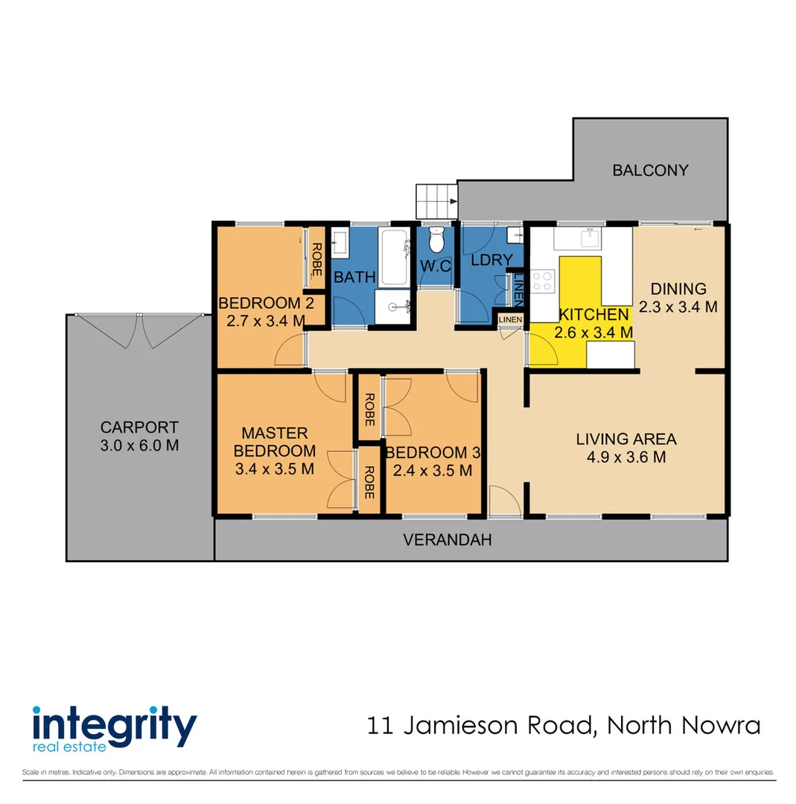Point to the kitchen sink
coord(592,237)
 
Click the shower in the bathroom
coord(393,306)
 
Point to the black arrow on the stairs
coord(452,200)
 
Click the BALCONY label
coord(650,170)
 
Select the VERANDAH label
coord(448,540)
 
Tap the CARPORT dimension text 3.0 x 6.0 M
coord(139,445)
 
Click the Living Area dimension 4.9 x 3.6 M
coord(625,457)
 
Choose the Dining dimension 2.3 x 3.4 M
coord(678,306)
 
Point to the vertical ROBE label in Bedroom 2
coord(316,258)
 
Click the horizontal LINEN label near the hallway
coord(510,320)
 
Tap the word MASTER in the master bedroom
coord(275,433)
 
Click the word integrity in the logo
coord(114,723)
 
